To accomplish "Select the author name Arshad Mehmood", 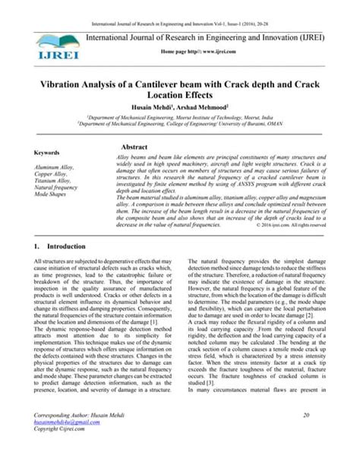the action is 226,103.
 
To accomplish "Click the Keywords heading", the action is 51,152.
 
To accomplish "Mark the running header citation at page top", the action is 179,7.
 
